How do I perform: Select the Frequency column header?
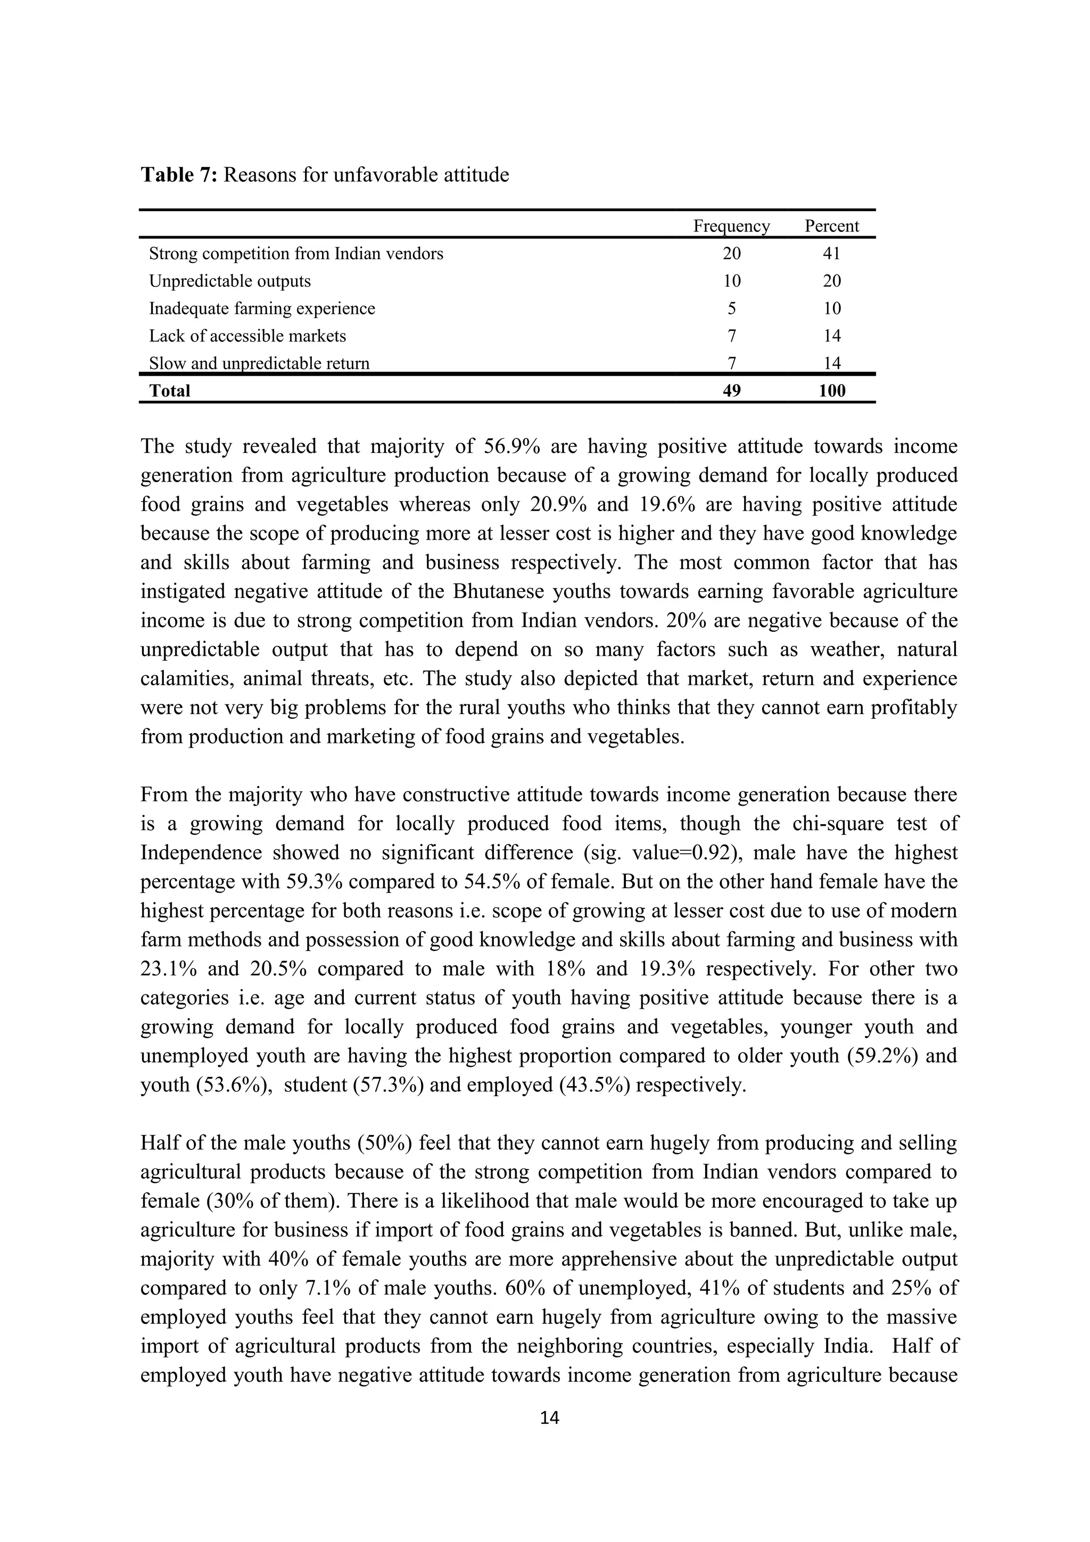(731, 226)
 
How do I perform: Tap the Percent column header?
(831, 226)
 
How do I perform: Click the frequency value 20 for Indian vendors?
(731, 254)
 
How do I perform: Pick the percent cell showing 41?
(831, 254)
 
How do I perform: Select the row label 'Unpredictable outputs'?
(230, 281)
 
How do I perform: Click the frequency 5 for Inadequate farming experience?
(731, 309)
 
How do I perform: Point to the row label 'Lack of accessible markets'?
(247, 336)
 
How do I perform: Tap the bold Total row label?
(170, 391)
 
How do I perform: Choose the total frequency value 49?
(731, 391)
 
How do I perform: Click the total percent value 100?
(831, 391)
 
